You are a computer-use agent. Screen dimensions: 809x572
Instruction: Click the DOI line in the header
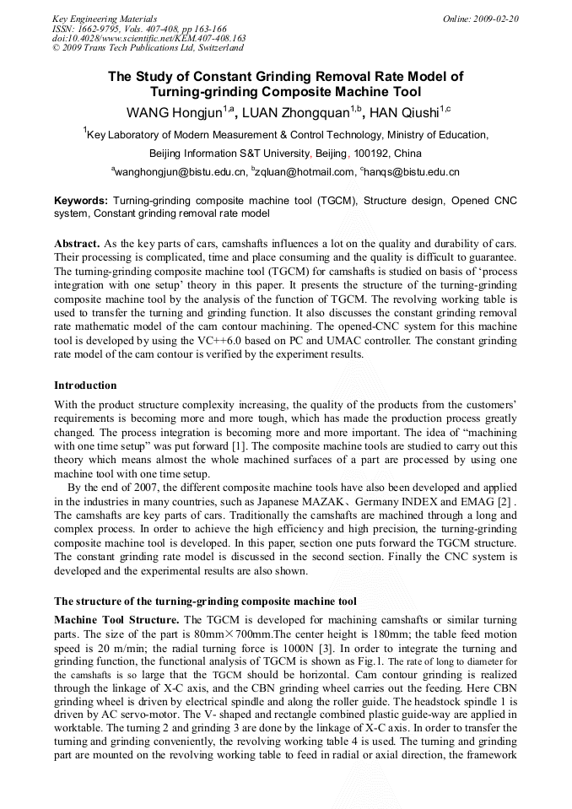[x=148, y=38]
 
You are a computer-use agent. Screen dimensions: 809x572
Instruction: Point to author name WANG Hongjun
[x=175, y=112]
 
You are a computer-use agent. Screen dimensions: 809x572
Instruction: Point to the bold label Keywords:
[x=81, y=201]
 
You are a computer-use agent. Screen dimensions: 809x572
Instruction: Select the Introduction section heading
[x=85, y=386]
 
